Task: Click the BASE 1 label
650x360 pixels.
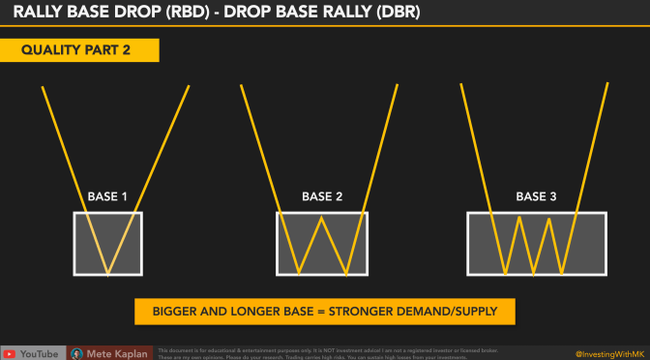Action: point(107,197)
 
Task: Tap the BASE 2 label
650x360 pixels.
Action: point(322,197)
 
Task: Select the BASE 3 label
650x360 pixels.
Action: point(536,197)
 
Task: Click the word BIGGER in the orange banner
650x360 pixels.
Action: point(177,312)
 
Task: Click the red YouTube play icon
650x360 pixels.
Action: point(11,353)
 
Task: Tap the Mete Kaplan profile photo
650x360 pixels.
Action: point(76,353)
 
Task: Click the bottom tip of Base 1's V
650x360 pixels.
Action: point(107,274)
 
